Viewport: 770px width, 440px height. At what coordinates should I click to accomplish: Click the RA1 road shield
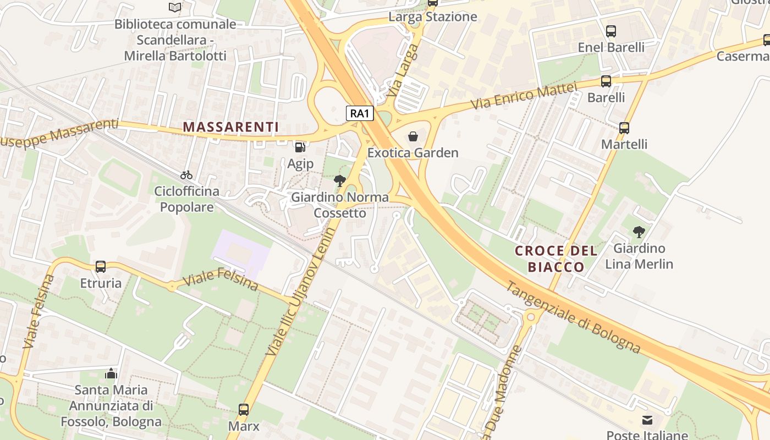pyautogui.click(x=360, y=114)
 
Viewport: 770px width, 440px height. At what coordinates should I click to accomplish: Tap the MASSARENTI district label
pyautogui.click(x=231, y=127)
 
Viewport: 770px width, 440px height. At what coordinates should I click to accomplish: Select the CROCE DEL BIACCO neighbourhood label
pyautogui.click(x=556, y=259)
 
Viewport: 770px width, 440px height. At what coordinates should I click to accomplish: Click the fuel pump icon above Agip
pyautogui.click(x=300, y=147)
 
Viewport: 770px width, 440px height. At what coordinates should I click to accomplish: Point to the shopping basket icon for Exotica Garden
pyautogui.click(x=413, y=136)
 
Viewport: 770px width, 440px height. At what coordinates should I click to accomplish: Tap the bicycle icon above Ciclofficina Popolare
pyautogui.click(x=186, y=175)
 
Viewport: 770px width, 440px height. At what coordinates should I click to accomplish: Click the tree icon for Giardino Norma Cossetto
pyautogui.click(x=340, y=180)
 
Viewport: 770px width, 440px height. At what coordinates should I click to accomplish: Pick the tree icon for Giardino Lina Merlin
pyautogui.click(x=639, y=232)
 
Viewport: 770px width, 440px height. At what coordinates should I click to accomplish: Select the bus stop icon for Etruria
pyautogui.click(x=101, y=267)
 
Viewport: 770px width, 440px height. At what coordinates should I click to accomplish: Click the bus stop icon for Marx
pyautogui.click(x=244, y=409)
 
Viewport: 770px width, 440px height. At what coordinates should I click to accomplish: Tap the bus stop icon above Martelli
pyautogui.click(x=624, y=128)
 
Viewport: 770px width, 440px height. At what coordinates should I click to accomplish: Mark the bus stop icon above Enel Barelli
pyautogui.click(x=611, y=31)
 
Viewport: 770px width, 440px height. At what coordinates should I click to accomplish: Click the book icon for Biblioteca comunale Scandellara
pyautogui.click(x=175, y=7)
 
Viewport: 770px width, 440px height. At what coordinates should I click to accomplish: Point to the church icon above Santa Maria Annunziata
pyautogui.click(x=112, y=373)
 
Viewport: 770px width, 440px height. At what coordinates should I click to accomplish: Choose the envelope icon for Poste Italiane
pyautogui.click(x=647, y=420)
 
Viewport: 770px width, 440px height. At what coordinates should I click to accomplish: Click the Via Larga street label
pyautogui.click(x=403, y=71)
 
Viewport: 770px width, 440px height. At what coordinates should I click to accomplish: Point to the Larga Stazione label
pyautogui.click(x=433, y=17)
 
